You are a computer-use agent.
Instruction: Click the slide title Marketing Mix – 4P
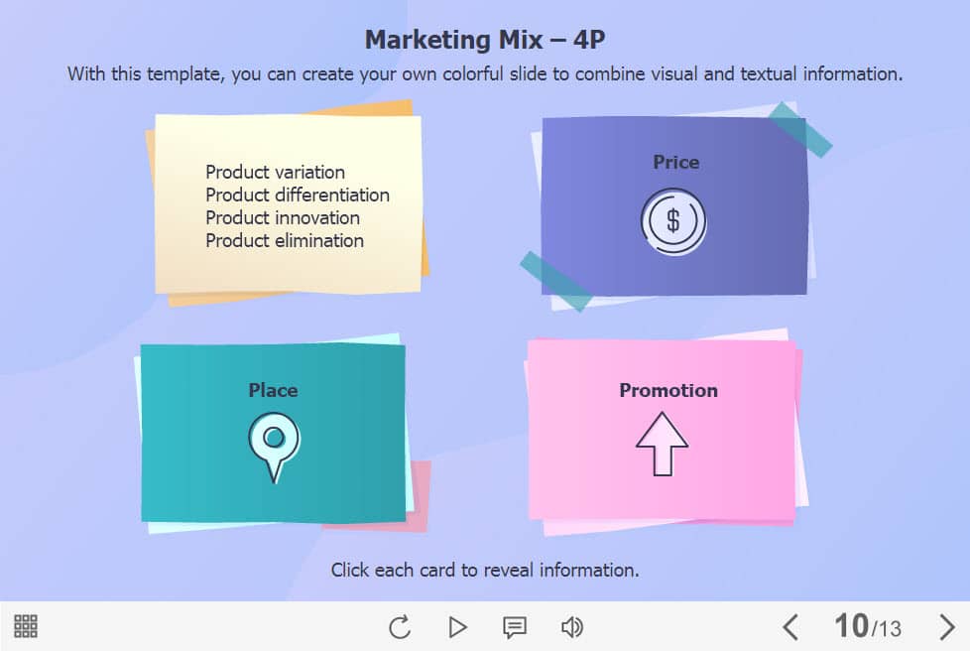(x=484, y=40)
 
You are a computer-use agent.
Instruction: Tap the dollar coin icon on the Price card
(x=673, y=221)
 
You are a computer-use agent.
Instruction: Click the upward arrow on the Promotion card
(x=662, y=444)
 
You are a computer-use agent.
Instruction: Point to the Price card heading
(x=676, y=162)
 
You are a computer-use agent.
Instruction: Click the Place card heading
(x=273, y=390)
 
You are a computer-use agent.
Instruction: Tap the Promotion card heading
(x=668, y=390)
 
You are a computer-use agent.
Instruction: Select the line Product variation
(x=276, y=172)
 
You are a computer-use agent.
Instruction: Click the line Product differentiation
(x=298, y=195)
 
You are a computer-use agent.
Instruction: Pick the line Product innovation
(x=283, y=217)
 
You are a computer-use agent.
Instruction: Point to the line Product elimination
(x=285, y=241)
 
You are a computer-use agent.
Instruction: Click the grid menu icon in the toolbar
(x=26, y=626)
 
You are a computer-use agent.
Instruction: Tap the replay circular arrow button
(x=400, y=627)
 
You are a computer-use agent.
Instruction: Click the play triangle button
(x=457, y=627)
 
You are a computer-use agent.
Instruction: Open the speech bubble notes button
(x=515, y=627)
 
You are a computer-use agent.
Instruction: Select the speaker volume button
(x=571, y=627)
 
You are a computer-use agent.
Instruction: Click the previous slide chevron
(x=789, y=627)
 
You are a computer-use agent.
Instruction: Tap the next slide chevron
(x=947, y=627)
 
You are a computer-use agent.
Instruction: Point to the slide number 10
(x=851, y=625)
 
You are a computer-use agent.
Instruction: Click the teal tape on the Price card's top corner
(x=799, y=129)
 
